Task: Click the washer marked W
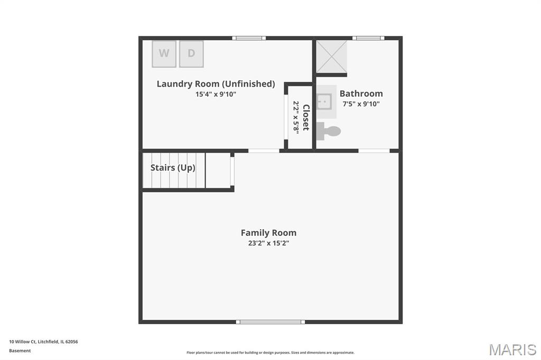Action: click(x=164, y=54)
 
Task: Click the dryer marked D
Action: click(x=191, y=54)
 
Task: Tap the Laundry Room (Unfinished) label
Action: click(x=216, y=84)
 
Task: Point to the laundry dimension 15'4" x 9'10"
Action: click(x=216, y=94)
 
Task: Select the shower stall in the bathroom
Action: click(x=332, y=56)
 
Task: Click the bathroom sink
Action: click(x=324, y=101)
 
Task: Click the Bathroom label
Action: click(x=361, y=93)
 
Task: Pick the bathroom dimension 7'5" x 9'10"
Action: click(x=361, y=104)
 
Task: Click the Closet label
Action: click(x=306, y=118)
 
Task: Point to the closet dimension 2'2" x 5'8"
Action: click(x=296, y=117)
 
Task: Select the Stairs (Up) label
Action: click(x=173, y=168)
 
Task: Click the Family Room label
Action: click(x=268, y=233)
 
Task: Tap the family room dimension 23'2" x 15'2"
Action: click(x=268, y=243)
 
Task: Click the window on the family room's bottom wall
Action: click(x=270, y=322)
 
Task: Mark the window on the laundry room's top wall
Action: click(x=249, y=38)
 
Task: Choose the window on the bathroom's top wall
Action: click(x=368, y=38)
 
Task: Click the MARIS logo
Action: click(x=512, y=349)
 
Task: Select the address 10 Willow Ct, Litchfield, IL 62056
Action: click(x=43, y=342)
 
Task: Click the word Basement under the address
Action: click(x=20, y=350)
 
